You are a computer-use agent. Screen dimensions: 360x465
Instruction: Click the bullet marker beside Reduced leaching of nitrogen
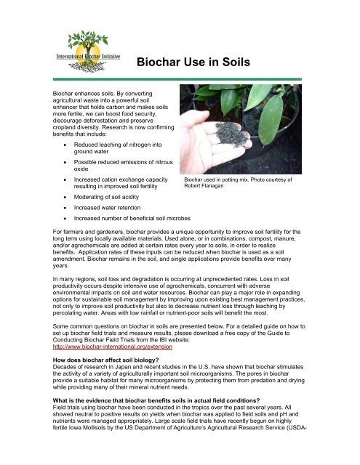67,126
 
